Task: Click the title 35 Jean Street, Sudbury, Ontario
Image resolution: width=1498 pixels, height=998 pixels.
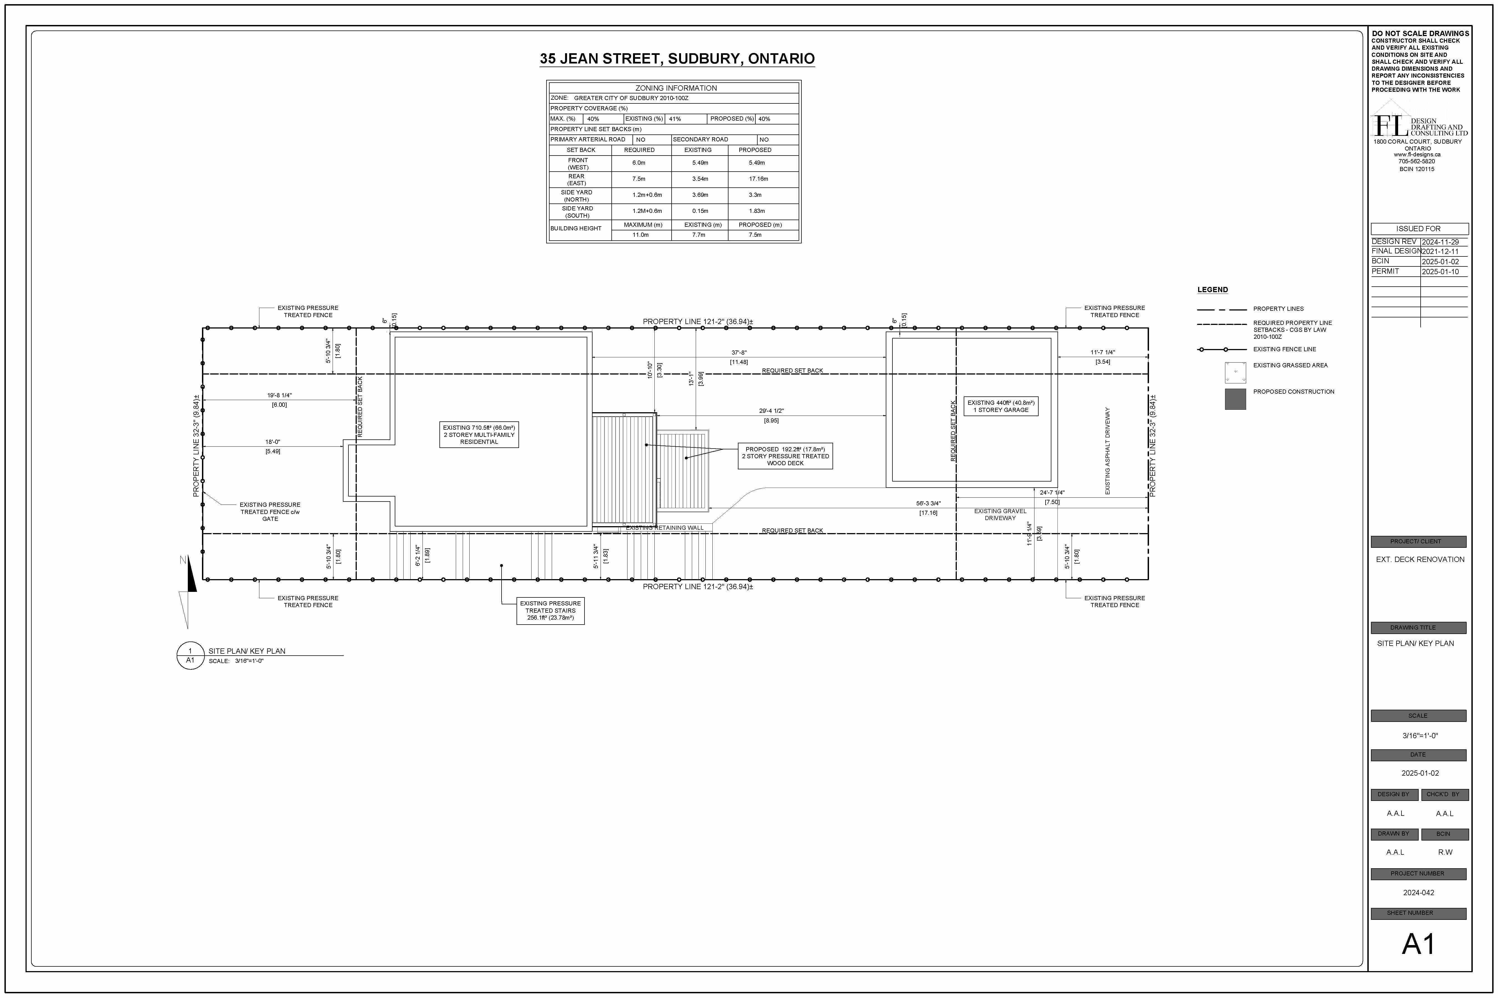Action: point(677,58)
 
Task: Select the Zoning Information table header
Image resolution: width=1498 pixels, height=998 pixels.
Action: point(676,88)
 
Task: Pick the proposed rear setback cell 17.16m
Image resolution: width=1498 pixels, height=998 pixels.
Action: point(758,179)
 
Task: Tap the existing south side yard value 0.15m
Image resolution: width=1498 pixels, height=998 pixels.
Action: point(700,211)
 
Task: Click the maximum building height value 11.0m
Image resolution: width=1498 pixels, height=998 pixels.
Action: point(640,235)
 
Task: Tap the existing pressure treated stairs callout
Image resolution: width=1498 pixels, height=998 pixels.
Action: point(550,610)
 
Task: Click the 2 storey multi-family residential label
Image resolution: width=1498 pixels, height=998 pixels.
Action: point(479,435)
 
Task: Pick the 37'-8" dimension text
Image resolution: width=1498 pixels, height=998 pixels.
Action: point(739,353)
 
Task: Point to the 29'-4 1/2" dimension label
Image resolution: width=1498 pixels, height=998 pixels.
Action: point(771,411)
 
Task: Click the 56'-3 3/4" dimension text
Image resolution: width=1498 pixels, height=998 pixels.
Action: point(928,503)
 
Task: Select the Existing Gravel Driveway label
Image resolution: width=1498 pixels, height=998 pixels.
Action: point(1000,514)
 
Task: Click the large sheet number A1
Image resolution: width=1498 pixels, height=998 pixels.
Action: point(1418,944)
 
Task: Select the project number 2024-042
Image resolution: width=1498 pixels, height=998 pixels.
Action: point(1418,892)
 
